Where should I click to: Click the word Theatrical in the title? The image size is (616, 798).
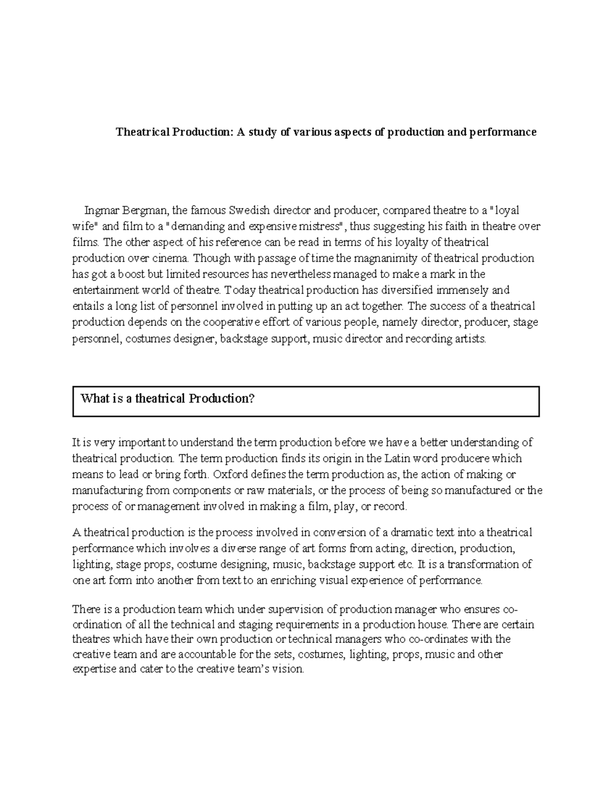142,132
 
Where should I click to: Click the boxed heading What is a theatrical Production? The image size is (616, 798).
167,399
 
